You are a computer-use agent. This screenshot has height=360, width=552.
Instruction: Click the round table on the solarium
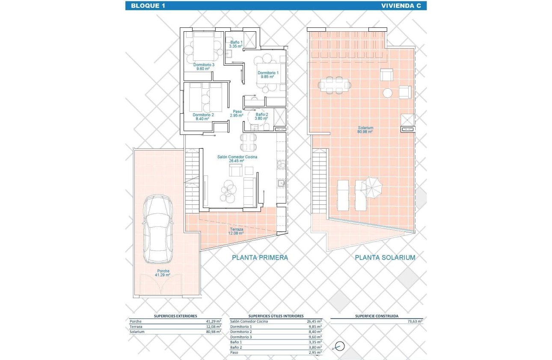tap(388, 93)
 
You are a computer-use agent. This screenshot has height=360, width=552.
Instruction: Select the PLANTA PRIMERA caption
tap(260, 258)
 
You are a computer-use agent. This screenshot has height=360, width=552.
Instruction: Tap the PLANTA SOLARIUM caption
tap(385, 258)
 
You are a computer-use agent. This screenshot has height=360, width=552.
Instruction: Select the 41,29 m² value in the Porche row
tap(213, 321)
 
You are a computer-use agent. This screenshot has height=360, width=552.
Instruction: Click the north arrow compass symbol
tap(340, 346)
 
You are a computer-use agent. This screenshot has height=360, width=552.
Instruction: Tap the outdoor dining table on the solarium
tap(334, 85)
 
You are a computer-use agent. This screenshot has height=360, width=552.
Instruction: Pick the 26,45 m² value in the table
tap(314, 321)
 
